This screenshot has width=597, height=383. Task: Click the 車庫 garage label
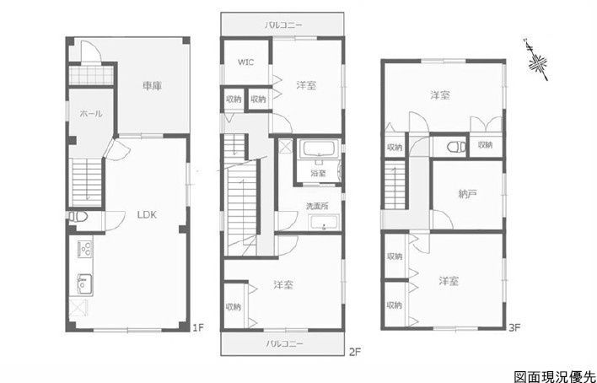click(x=153, y=86)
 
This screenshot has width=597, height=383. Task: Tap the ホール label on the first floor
click(x=91, y=114)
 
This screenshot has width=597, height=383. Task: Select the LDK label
click(x=147, y=215)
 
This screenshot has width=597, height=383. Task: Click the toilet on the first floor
click(x=78, y=217)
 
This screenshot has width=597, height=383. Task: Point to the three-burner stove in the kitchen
click(x=85, y=249)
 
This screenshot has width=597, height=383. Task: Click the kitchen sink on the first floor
click(x=85, y=284)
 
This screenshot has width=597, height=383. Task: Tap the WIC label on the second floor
click(x=246, y=62)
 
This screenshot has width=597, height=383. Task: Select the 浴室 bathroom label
click(x=318, y=173)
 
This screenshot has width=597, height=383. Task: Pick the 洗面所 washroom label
click(x=318, y=206)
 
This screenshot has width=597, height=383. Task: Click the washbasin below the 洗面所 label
click(x=324, y=223)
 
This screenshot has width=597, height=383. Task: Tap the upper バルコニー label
click(x=283, y=25)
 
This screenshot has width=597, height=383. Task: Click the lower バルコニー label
click(x=284, y=343)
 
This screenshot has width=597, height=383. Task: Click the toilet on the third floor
click(x=456, y=147)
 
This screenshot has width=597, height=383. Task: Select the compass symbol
click(x=537, y=61)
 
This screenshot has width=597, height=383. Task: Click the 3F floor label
click(x=514, y=327)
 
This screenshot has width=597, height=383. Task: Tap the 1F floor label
click(x=198, y=327)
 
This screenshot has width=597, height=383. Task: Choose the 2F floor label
click(x=354, y=352)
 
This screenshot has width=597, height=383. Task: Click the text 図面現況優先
click(x=555, y=376)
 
